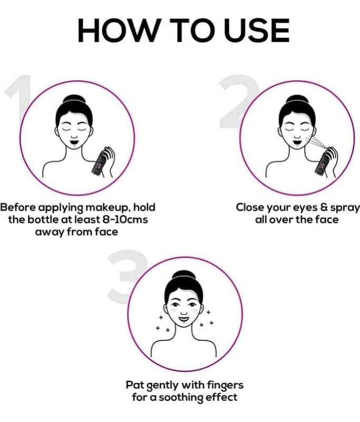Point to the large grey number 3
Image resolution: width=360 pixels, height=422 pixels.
click(x=127, y=277)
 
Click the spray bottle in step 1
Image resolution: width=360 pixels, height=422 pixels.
click(x=99, y=164)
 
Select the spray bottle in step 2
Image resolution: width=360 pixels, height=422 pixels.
click(x=322, y=164)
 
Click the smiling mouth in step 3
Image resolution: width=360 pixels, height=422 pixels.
click(x=183, y=318)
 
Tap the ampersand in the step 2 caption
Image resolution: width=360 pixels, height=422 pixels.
click(x=323, y=207)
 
